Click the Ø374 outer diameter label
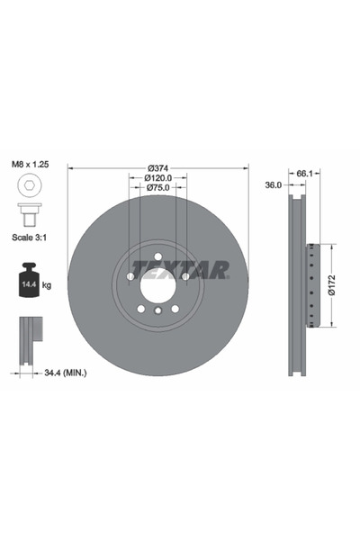[x=157, y=166]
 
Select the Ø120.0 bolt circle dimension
[x=157, y=178]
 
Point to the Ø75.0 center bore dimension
[x=157, y=189]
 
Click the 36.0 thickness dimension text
[x=274, y=184]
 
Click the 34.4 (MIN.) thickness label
[x=62, y=369]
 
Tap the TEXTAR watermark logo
[x=180, y=268]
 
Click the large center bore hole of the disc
[x=157, y=284]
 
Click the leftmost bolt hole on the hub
[x=130, y=275]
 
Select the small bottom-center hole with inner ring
[x=157, y=310]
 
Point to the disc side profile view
[x=299, y=286]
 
